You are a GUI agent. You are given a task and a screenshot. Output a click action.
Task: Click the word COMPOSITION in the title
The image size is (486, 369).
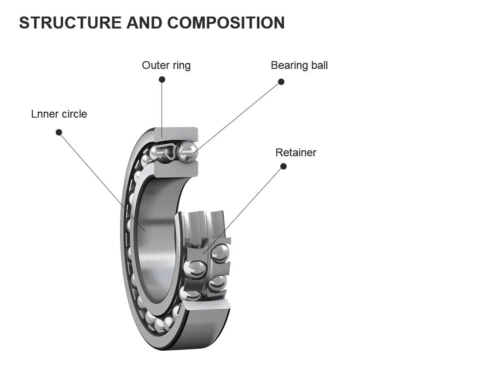pos(226,23)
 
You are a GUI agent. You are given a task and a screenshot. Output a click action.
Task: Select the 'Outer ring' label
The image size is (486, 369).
pos(166,65)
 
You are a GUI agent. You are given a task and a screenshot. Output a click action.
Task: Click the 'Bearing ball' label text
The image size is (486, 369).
pos(299,65)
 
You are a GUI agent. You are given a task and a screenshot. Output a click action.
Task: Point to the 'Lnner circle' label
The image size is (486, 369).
pos(59,114)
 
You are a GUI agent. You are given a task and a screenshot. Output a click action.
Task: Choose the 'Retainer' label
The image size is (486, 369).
pos(296,153)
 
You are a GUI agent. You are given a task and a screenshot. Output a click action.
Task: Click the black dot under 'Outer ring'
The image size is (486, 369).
pos(162,79)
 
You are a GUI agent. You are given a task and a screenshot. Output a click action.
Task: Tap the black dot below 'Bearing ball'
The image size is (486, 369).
pos(281,82)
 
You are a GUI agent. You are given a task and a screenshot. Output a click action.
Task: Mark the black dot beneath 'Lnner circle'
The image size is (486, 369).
pos(59,132)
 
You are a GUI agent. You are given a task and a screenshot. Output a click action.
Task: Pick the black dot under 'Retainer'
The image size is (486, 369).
pos(283,166)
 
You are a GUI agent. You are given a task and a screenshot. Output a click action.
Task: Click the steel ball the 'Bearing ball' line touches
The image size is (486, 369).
pos(187,152)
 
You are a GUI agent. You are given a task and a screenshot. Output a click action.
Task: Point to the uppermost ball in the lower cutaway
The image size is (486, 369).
pos(220,253)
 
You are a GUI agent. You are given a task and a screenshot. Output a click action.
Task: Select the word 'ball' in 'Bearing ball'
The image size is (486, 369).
pos(319,65)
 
